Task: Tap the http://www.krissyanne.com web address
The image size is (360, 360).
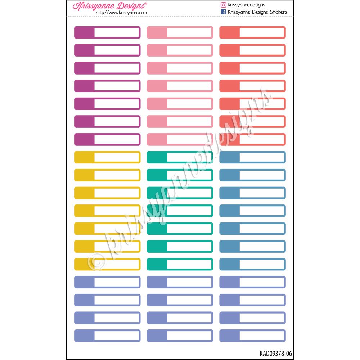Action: pos(121,13)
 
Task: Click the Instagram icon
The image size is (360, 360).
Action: pos(223,5)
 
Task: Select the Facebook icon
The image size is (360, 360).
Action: pos(223,12)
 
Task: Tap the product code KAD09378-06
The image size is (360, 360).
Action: pos(275,354)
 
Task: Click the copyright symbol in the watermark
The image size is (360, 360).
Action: pos(96,262)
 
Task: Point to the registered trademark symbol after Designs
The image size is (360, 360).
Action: pos(145,4)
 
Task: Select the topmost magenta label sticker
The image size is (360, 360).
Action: pos(107,32)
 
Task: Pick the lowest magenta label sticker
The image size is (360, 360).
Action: pos(107,139)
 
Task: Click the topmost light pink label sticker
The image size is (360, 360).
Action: pos(180,32)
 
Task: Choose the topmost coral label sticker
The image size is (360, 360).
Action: pos(252,32)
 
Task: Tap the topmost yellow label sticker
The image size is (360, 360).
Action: pos(107,157)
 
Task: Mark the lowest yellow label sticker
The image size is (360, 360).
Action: pos(107,264)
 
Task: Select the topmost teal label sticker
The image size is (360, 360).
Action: pos(180,157)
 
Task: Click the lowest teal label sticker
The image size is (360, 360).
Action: pos(180,264)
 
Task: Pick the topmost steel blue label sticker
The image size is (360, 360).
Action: pos(252,157)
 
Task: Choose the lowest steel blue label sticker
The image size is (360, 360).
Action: pos(252,264)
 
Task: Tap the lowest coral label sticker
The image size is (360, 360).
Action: pos(252,139)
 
